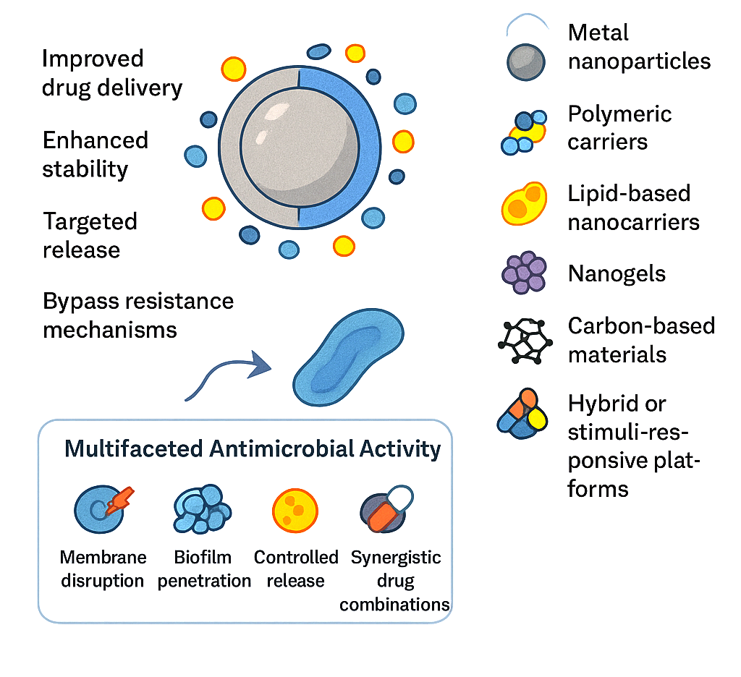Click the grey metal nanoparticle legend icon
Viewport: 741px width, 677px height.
tap(525, 61)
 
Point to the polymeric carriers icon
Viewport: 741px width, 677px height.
tap(524, 132)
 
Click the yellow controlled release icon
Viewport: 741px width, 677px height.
tap(295, 508)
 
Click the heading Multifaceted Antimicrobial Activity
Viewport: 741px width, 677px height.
tap(252, 448)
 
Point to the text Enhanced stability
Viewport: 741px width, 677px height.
tap(95, 154)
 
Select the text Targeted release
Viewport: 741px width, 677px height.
tap(90, 235)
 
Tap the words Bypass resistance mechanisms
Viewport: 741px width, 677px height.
tap(138, 315)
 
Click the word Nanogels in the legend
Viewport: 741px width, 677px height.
tap(617, 274)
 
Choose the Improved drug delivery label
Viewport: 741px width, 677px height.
tap(111, 73)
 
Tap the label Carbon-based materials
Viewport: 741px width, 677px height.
tap(641, 340)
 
